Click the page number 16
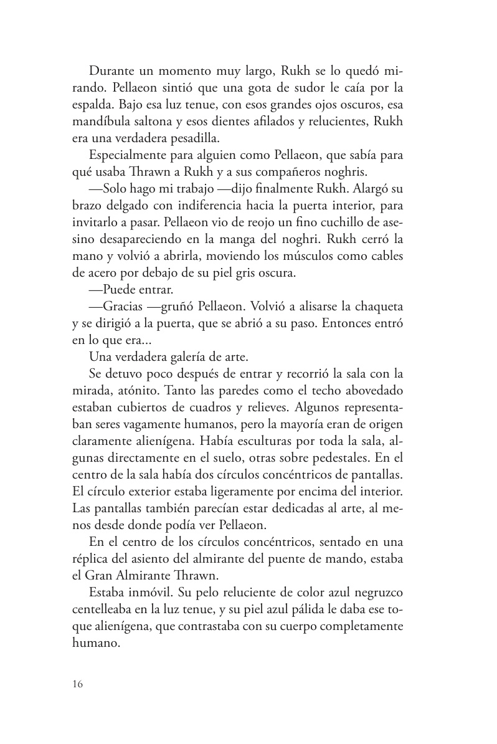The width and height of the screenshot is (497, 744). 77,684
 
